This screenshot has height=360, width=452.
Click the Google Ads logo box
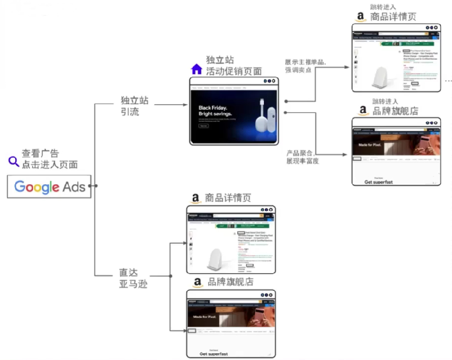coord(49,187)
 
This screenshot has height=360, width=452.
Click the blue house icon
coord(196,69)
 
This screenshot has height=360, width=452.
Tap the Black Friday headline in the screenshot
coord(215,110)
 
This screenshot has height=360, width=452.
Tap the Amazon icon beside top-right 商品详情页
coord(360,17)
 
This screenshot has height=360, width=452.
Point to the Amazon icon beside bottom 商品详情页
coord(195,198)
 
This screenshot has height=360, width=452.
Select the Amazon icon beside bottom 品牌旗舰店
coord(197,283)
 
